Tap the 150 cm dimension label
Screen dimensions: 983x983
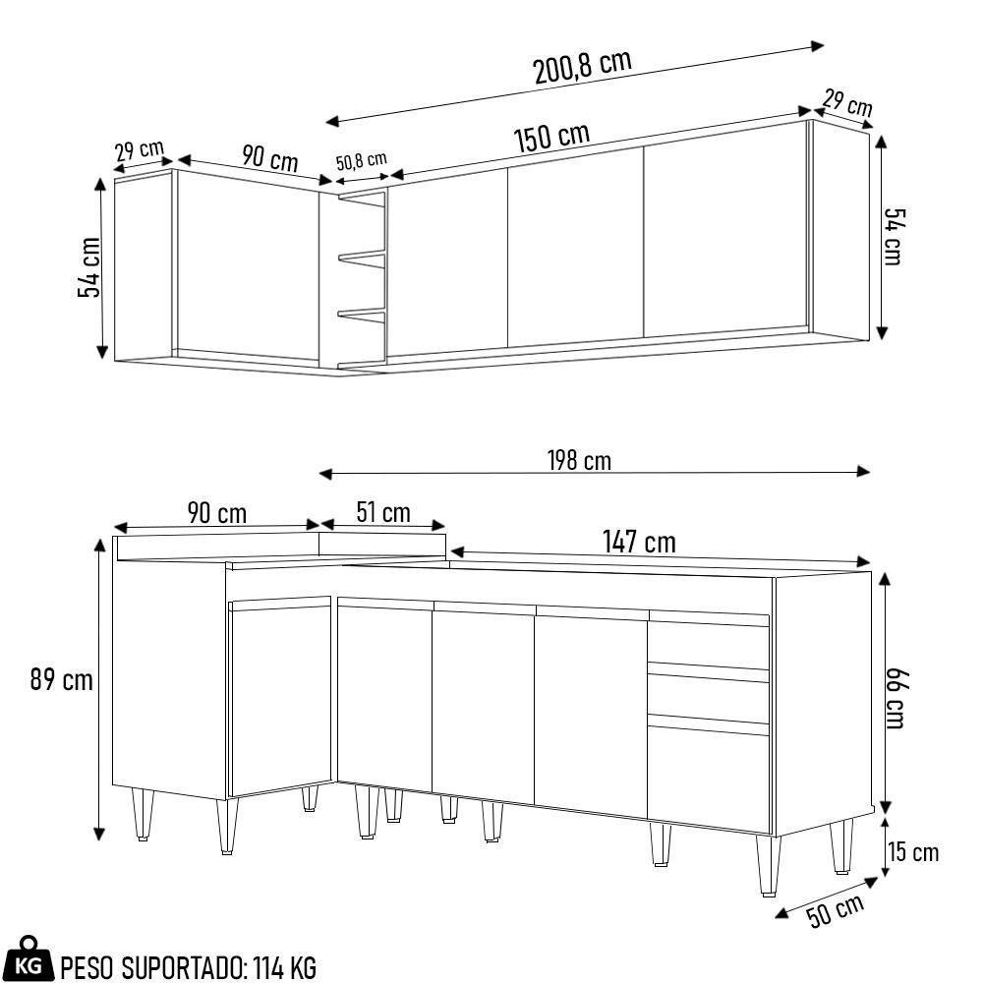tap(551, 138)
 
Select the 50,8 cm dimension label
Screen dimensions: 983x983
tap(361, 161)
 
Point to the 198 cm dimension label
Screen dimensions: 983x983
tap(579, 460)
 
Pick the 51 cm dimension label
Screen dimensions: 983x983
tap(382, 513)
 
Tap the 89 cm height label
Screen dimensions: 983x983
tap(61, 679)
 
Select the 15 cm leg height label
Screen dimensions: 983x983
tap(913, 852)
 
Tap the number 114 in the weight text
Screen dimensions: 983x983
tap(268, 968)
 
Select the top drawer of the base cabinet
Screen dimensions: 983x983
tap(707, 643)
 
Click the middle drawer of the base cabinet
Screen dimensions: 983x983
tap(707, 695)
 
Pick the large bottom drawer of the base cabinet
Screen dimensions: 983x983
tap(707, 777)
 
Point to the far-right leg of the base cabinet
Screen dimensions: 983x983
tap(840, 847)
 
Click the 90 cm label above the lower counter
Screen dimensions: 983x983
tap(216, 513)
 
